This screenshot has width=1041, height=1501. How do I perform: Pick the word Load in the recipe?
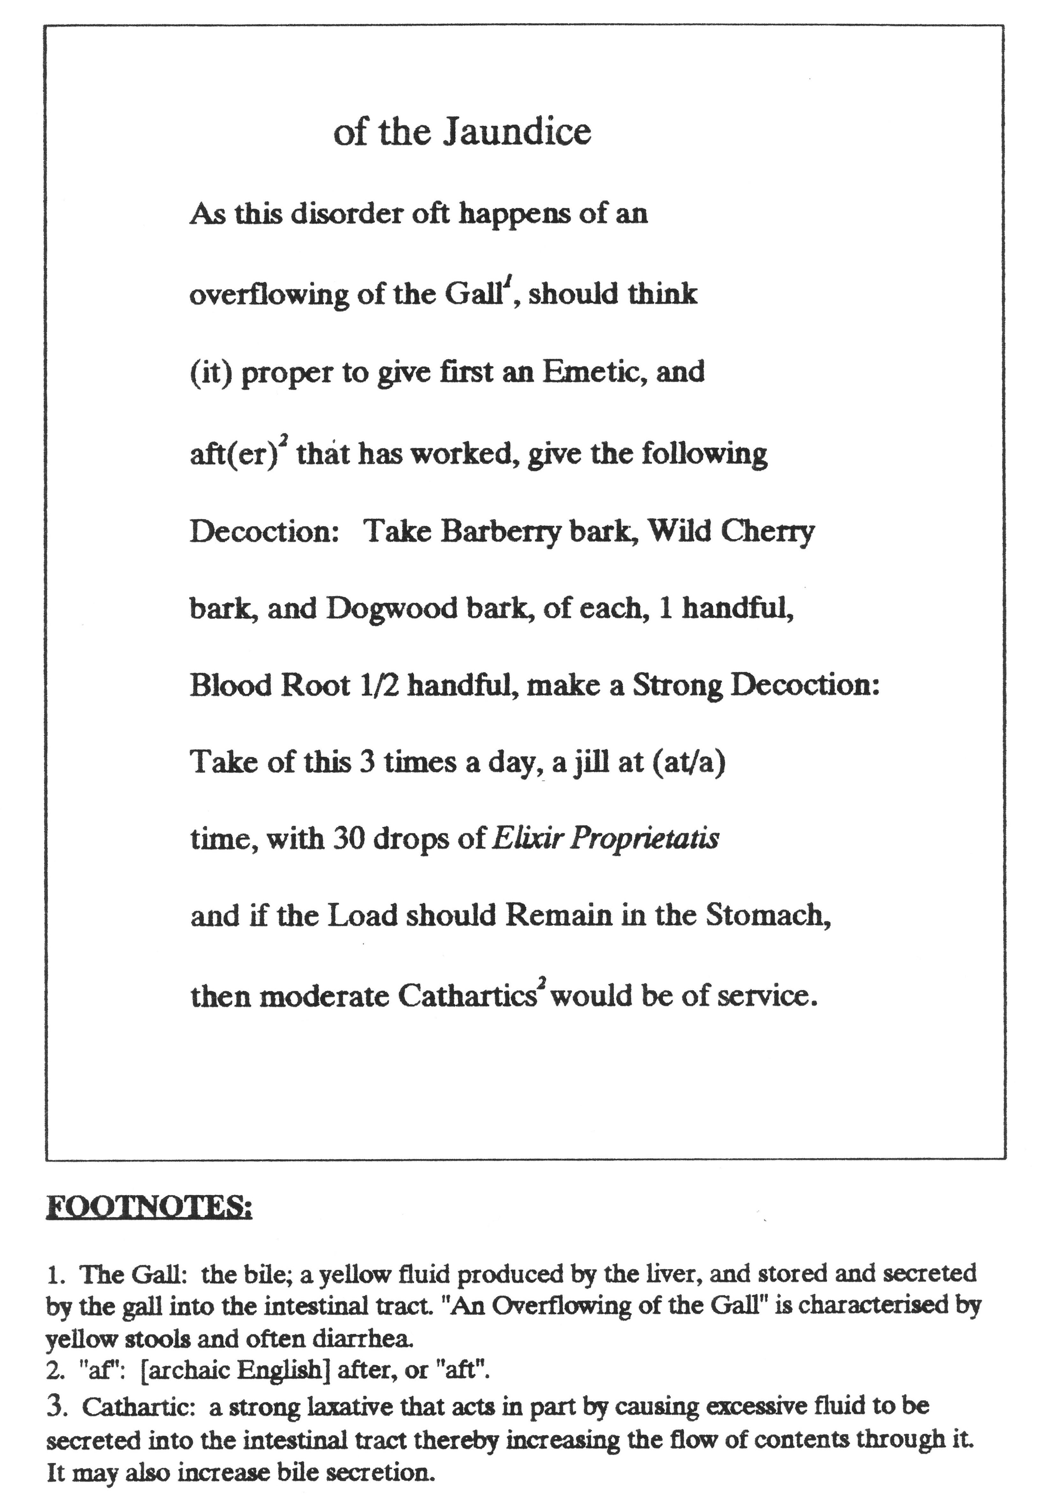tap(362, 916)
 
